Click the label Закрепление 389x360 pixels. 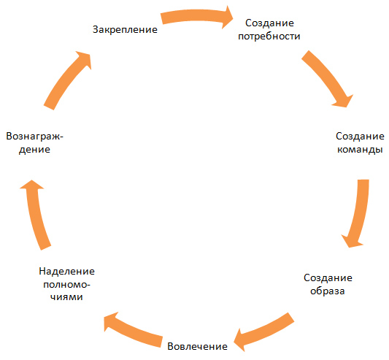click(x=125, y=30)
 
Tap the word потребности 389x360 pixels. click(x=269, y=37)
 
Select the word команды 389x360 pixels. click(x=360, y=150)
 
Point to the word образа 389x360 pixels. click(x=328, y=291)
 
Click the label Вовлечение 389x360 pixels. click(x=198, y=346)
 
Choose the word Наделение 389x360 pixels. click(x=67, y=272)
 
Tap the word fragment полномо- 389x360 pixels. click(x=66, y=285)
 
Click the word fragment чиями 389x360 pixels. click(x=66, y=297)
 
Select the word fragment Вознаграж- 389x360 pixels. click(x=35, y=137)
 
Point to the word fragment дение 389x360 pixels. click(x=34, y=150)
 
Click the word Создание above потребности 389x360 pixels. click(x=269, y=23)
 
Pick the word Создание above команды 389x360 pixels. click(x=361, y=137)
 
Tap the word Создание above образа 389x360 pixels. click(x=328, y=277)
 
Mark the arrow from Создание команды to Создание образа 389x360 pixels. click(x=361, y=213)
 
